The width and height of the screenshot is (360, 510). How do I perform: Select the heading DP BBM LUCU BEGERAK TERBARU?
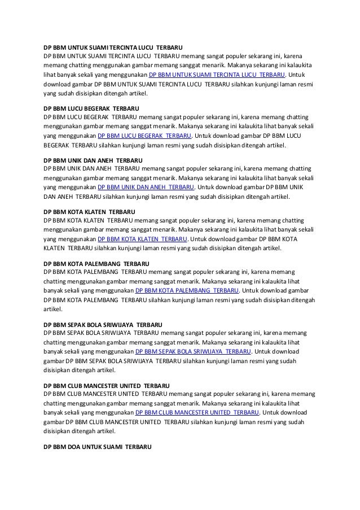[x=91, y=107]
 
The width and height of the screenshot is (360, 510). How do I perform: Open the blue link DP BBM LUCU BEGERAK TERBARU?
[x=145, y=136]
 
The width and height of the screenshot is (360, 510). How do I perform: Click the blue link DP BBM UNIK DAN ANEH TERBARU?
[x=146, y=187]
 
